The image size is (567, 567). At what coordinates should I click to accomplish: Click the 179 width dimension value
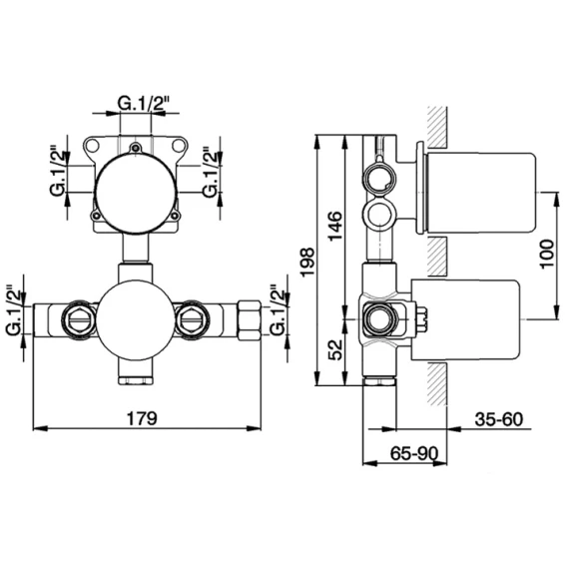[142, 418]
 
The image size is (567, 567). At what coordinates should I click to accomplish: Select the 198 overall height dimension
[307, 263]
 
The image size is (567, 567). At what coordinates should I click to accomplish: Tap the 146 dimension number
[334, 226]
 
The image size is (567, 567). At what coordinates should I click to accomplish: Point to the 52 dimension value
[335, 349]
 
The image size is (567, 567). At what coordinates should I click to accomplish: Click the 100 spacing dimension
[547, 254]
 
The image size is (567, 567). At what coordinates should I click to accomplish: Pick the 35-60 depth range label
[499, 419]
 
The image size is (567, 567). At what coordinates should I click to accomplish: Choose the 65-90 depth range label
[414, 453]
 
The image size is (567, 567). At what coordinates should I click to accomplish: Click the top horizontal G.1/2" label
[144, 104]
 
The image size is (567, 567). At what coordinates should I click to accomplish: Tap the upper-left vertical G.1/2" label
[59, 171]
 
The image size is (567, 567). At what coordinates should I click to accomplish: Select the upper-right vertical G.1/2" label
[212, 172]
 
